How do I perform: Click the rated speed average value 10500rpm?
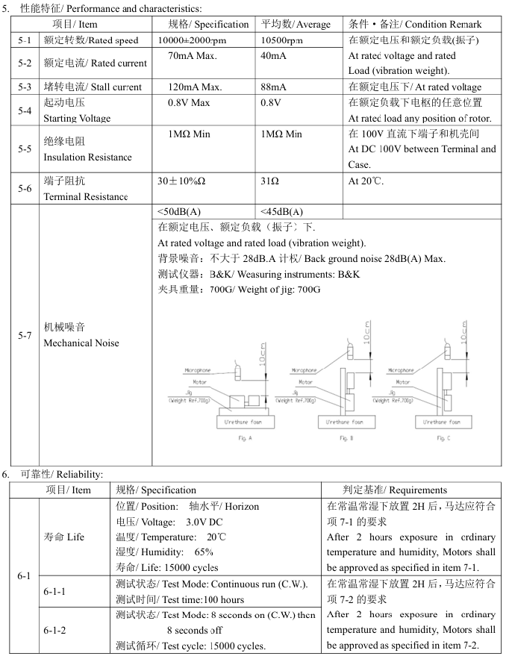tap(282, 40)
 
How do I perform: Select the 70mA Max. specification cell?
tap(192, 56)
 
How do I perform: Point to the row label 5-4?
tap(25, 110)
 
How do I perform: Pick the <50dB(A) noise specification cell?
tap(179, 211)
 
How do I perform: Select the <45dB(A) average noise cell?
tap(282, 211)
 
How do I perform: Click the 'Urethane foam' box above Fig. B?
tap(344, 422)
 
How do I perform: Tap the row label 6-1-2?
tap(54, 630)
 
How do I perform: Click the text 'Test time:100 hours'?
tap(180, 599)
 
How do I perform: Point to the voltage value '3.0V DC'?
tap(205, 521)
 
